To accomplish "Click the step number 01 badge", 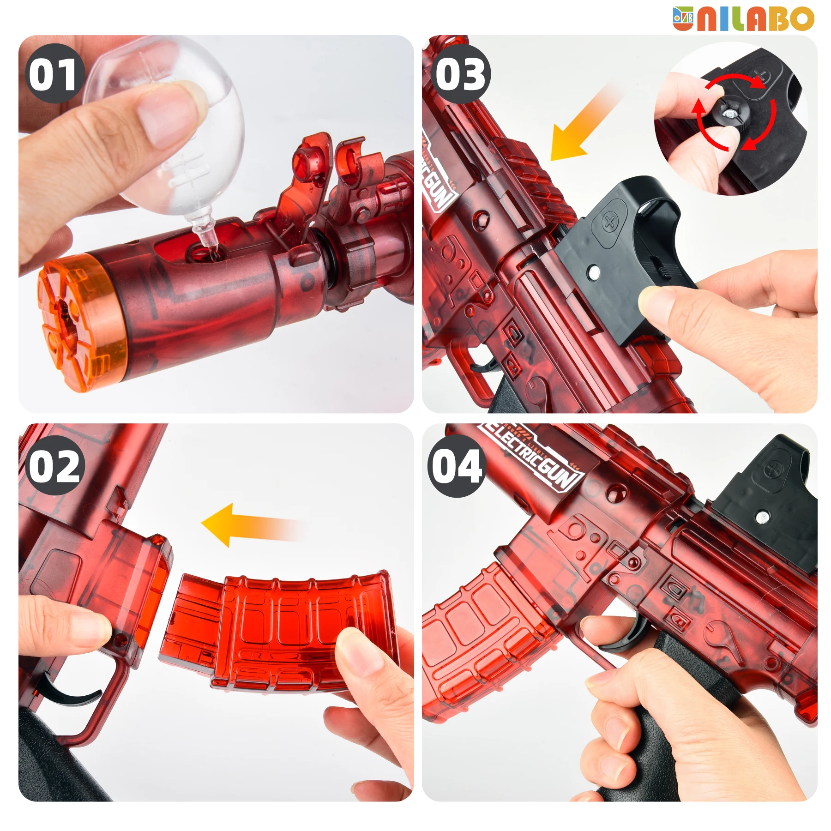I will (x=54, y=74).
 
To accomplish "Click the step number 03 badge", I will (x=461, y=74).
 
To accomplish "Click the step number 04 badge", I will (x=457, y=465).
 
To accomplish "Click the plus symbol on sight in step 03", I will (x=609, y=222).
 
